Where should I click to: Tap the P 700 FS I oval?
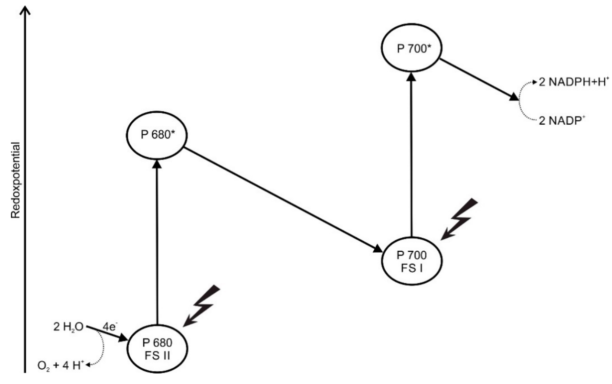pyautogui.click(x=412, y=262)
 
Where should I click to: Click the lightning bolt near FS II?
pyautogui.click(x=201, y=306)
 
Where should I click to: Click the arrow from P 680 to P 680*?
pyautogui.click(x=157, y=239)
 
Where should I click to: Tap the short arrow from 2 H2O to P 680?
pyautogui.click(x=107, y=333)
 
